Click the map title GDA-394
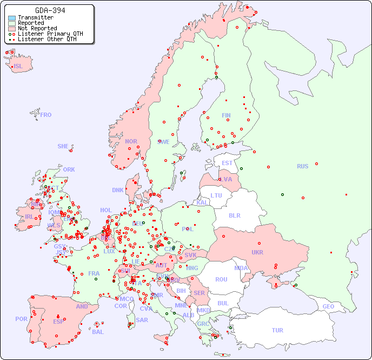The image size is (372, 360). tap(50, 10)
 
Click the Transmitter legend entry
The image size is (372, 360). tap(35, 18)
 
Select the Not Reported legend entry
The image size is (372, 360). tap(37, 28)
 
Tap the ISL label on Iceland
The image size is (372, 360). tap(18, 67)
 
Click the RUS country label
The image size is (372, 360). tap(302, 166)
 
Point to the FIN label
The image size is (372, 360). tap(226, 115)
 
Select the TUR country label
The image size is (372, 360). tap(277, 330)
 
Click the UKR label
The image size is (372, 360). tap(257, 252)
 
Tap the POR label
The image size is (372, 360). tap(21, 319)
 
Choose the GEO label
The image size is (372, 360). tap(328, 306)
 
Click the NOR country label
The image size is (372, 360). tap(131, 141)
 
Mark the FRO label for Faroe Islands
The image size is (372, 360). tap(46, 115)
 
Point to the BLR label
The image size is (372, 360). tap(235, 215)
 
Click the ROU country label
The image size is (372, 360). tap(221, 279)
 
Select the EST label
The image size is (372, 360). tap(227, 163)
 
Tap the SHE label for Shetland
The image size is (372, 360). tap(63, 146)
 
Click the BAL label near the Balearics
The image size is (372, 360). tap(98, 332)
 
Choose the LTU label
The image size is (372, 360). tap(216, 195)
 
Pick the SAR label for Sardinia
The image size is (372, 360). tap(142, 320)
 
